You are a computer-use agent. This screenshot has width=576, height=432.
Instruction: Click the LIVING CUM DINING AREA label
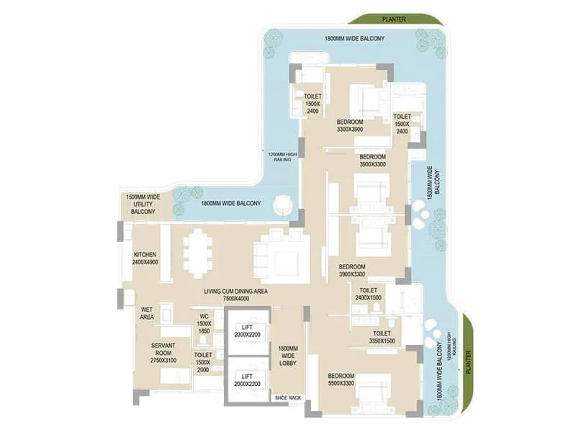236,294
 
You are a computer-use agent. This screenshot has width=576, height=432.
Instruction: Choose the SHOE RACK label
288,397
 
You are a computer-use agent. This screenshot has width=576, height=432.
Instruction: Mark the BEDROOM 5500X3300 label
341,380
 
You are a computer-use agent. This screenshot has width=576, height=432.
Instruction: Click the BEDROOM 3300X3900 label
350,126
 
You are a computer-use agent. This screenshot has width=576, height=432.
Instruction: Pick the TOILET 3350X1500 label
382,338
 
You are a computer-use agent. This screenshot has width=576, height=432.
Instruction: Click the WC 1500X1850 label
204,325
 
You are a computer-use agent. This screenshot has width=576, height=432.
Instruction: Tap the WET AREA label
146,314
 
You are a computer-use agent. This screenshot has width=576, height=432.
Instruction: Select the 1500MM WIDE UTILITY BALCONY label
143,204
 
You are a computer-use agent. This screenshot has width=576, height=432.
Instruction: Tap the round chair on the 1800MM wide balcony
284,205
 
